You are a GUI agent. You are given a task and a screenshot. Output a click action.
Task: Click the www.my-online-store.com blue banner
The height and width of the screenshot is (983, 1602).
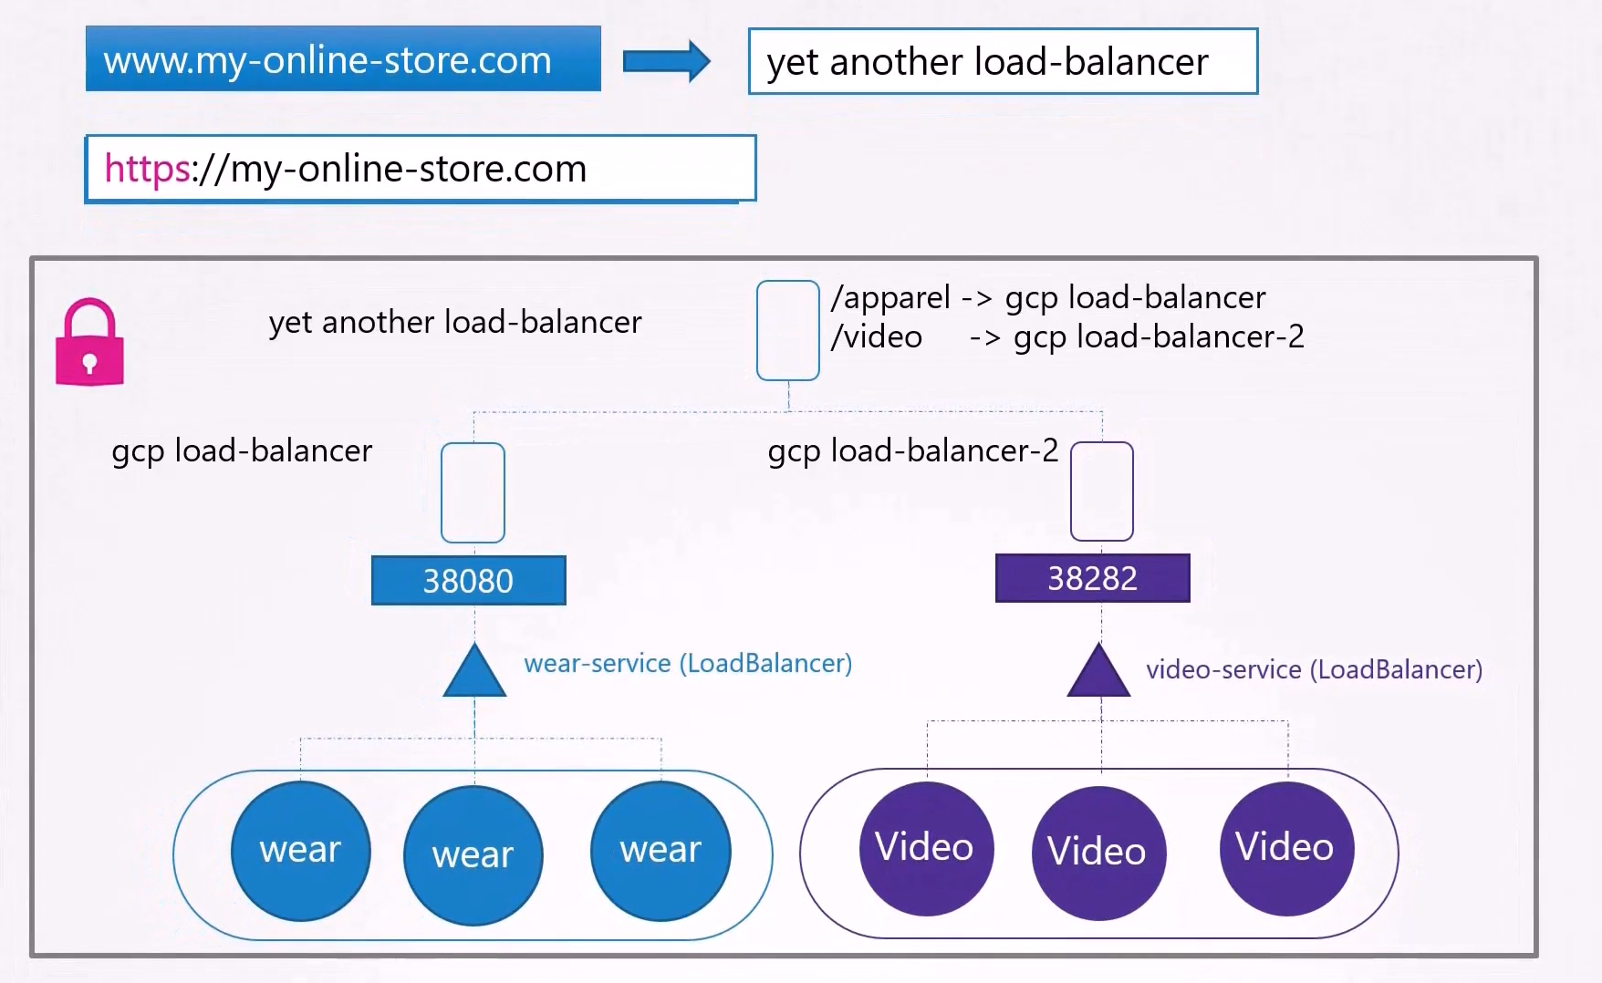(343, 58)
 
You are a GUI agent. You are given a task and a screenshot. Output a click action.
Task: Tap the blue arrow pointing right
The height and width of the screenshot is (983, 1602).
(666, 61)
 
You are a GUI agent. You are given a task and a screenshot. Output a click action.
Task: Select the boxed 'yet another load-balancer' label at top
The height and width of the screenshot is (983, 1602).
(1003, 61)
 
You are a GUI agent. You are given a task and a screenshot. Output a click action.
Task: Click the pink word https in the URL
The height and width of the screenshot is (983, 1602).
(147, 169)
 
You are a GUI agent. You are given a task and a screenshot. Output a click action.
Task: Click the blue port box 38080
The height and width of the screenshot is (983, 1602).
(469, 580)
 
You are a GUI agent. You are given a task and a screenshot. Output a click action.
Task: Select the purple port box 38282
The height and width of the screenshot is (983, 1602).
(1093, 578)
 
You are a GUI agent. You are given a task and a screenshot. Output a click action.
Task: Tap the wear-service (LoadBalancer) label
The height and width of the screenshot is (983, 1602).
(688, 663)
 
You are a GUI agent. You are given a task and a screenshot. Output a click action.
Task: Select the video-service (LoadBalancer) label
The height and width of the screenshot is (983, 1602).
(1315, 669)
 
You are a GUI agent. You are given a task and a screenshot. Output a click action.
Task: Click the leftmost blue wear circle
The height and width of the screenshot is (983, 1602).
(301, 851)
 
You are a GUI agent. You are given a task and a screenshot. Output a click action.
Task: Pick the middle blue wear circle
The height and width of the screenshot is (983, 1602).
(473, 855)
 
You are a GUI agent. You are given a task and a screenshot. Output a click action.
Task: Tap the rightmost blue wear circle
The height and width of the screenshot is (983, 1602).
(661, 851)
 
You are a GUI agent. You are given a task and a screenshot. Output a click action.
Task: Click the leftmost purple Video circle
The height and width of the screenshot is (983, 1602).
(926, 848)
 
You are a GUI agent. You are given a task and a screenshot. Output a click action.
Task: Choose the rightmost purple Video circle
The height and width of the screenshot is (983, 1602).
(1287, 848)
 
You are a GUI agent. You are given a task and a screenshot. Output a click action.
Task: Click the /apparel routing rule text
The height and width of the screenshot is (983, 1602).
(1048, 298)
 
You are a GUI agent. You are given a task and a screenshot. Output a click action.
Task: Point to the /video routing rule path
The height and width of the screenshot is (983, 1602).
(877, 337)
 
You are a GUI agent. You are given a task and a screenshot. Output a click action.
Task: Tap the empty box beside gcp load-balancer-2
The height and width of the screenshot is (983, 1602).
(1102, 491)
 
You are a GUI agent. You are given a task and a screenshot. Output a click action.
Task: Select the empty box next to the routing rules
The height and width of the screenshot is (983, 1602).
(788, 330)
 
